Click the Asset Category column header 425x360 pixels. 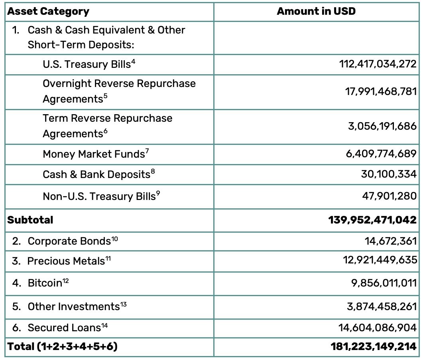48,11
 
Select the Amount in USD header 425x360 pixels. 316,11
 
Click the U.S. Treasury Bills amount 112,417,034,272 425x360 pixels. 376,64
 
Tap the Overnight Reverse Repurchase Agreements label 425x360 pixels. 119,91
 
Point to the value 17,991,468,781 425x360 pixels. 380,91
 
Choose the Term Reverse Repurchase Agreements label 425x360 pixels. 108,125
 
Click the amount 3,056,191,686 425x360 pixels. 382,126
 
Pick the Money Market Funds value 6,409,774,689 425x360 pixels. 381,153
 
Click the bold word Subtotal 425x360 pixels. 30,220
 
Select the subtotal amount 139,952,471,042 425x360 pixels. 372,220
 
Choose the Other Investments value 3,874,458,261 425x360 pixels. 382,307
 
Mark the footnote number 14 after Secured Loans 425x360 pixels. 104,325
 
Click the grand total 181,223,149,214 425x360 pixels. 373,346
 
